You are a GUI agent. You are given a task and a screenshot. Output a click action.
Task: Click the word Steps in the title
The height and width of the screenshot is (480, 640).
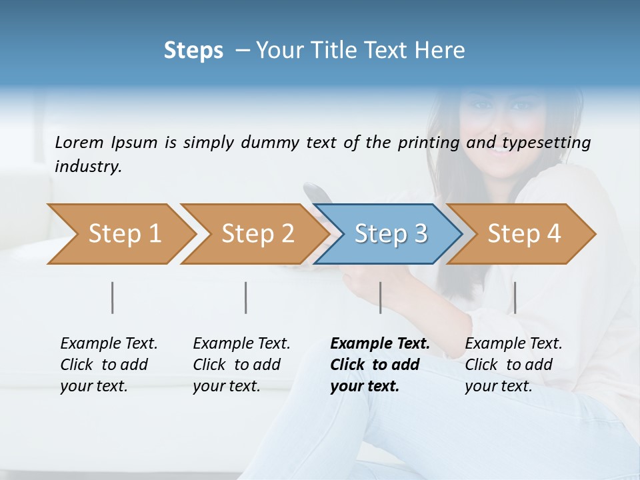click(x=193, y=51)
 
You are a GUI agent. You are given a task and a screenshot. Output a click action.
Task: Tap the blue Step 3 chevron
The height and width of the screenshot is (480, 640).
click(x=390, y=234)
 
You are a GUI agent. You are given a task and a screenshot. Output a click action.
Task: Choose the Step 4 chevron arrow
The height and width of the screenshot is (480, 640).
click(x=523, y=234)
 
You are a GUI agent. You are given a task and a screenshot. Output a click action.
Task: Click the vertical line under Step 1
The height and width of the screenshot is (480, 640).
click(x=113, y=297)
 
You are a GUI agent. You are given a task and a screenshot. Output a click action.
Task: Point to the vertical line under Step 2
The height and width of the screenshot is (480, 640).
click(x=246, y=297)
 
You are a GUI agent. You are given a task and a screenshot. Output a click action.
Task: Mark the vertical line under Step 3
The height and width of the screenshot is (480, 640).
click(x=380, y=297)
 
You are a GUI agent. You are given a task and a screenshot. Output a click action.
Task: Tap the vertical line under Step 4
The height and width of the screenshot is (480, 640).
click(x=515, y=297)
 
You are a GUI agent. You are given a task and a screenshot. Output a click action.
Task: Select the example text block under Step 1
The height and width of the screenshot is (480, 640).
click(x=109, y=365)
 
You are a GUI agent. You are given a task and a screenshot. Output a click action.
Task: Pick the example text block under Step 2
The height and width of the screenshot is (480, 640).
click(x=241, y=365)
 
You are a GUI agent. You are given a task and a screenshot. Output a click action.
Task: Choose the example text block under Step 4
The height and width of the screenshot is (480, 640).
click(x=513, y=365)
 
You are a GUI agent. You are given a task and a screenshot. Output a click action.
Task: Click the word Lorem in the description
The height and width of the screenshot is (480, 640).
click(x=79, y=142)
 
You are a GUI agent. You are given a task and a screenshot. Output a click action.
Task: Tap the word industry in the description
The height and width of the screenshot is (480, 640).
click(x=88, y=166)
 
